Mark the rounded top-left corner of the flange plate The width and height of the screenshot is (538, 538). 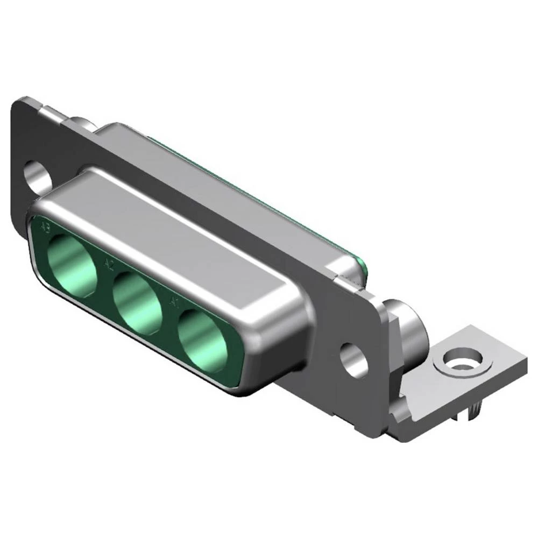pyautogui.click(x=22, y=103)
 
